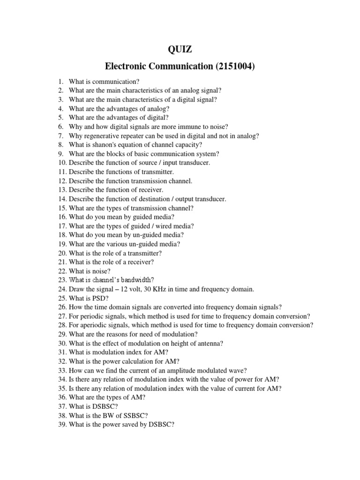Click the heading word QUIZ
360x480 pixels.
click(x=180, y=50)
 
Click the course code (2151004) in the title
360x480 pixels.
click(x=234, y=67)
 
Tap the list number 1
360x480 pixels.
click(x=61, y=82)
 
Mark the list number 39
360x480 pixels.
click(x=62, y=425)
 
